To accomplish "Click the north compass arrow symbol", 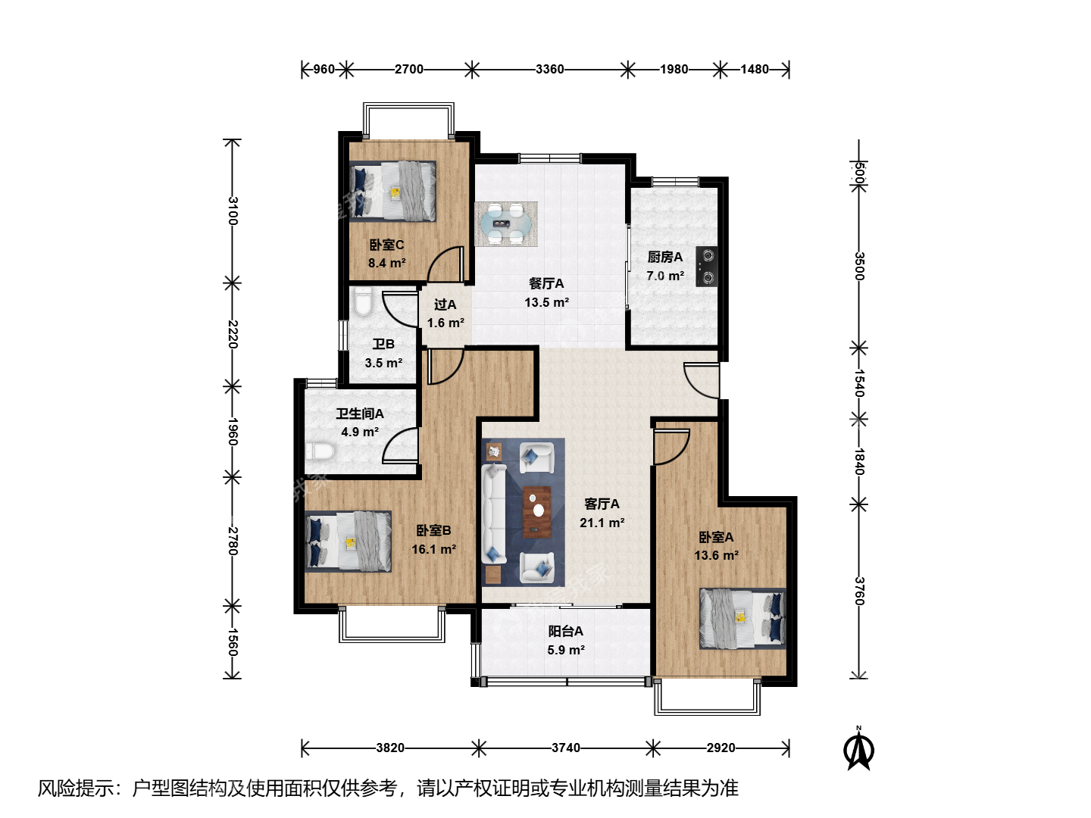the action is click(858, 748).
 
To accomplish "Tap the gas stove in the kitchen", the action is click(706, 267).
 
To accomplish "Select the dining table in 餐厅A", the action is click(506, 223).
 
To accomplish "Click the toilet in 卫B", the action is click(364, 302).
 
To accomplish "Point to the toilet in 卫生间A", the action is click(320, 451).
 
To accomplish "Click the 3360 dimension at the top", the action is click(550, 69).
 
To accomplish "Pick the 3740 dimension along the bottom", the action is click(566, 748).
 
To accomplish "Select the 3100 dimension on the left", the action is click(233, 211).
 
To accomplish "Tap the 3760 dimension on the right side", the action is click(859, 591).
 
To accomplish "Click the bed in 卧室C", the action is click(392, 191).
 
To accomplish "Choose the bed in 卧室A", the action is click(742, 619).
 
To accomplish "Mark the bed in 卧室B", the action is click(348, 542).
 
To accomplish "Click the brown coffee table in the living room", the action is click(537, 512).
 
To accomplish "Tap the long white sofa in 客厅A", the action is click(493, 514).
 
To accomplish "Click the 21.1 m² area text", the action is click(602, 523).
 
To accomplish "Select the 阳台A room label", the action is click(566, 631).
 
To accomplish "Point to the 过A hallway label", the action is click(445, 304).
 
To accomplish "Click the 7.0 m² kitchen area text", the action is click(665, 276).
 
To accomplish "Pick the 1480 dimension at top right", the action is click(755, 69).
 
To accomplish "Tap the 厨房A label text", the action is click(665, 258).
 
